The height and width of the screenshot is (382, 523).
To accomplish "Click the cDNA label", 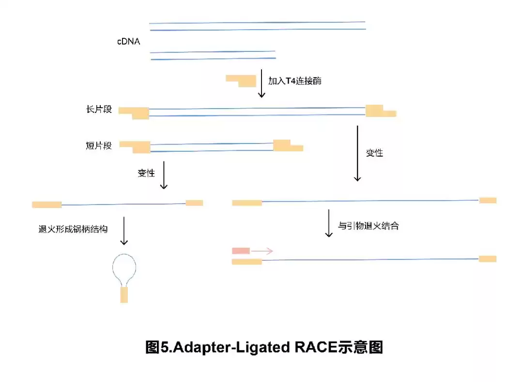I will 128,42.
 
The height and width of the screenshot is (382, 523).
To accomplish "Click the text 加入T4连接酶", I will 294,81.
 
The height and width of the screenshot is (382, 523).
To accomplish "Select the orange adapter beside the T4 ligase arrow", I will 241,80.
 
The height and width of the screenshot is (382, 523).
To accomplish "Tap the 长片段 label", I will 99,110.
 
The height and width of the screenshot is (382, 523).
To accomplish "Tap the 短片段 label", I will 99,145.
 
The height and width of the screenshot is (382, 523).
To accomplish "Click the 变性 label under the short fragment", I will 146,174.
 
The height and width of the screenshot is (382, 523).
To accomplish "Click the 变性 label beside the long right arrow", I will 374,153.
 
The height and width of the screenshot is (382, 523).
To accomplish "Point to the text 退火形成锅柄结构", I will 73,229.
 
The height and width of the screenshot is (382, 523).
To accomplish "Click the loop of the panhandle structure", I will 124,267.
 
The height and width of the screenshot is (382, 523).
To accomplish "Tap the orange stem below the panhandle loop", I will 124,295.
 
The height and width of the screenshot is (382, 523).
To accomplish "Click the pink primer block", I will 241,251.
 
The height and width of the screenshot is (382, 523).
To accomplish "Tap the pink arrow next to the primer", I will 262,251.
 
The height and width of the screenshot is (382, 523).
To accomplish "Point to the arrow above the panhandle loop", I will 124,230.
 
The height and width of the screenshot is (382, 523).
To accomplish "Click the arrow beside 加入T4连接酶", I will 261,83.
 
